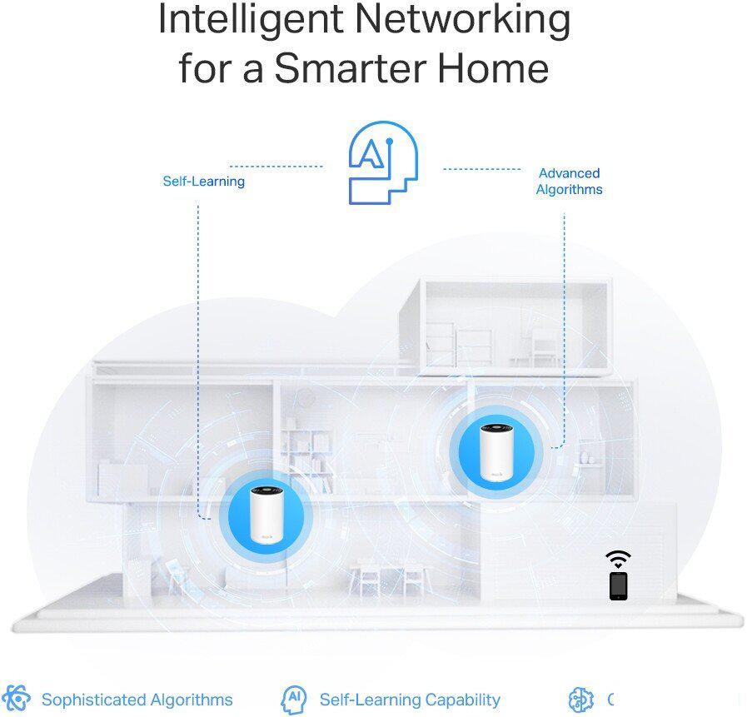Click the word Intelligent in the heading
[251, 19]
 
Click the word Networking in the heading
[462, 19]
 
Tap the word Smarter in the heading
[350, 68]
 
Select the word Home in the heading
[493, 68]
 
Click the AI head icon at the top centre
[384, 162]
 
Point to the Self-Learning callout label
[204, 181]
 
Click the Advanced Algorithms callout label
[570, 181]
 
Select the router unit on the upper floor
[496, 451]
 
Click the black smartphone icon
[619, 585]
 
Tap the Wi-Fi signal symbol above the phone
[618, 559]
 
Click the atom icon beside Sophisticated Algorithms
[16, 699]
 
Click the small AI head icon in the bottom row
[294, 700]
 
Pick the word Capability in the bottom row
[462, 700]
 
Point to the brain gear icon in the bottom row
[581, 700]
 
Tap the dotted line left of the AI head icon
[276, 167]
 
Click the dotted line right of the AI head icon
[481, 169]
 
